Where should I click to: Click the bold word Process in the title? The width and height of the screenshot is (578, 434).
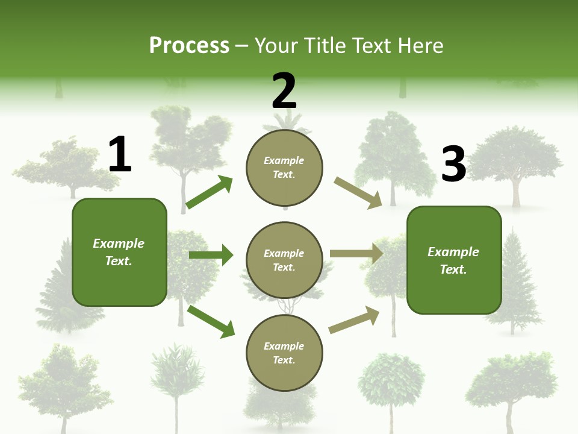point(189,46)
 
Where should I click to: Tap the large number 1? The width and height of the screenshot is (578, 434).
point(120,154)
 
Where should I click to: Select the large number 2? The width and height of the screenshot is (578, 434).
point(284,91)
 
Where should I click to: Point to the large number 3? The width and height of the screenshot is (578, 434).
point(453,164)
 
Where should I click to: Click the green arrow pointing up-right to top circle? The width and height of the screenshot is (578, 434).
point(209,192)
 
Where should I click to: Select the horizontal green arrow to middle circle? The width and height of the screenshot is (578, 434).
point(211,255)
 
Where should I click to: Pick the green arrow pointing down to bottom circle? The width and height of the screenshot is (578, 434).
point(211,321)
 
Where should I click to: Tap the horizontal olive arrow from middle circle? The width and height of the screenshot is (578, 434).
point(356,253)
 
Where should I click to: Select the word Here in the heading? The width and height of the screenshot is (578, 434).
point(421,46)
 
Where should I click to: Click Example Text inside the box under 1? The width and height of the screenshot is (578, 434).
point(119,252)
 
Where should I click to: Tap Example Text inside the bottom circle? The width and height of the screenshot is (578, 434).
point(284,353)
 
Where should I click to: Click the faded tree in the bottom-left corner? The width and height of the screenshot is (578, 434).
point(60,386)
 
